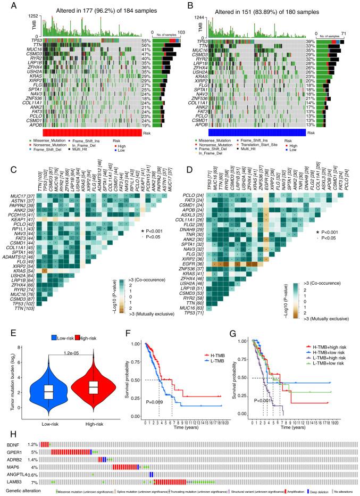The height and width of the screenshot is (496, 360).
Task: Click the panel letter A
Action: point(6,6)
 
